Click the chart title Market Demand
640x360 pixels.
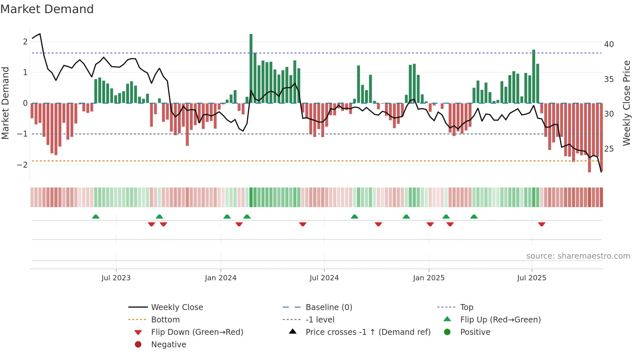[47, 9]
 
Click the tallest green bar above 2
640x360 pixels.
[251, 69]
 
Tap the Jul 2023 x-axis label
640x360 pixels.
[116, 278]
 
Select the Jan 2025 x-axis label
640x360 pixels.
[428, 278]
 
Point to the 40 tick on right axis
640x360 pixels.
[609, 44]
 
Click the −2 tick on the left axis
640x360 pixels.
[23, 165]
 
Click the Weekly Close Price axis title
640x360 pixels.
[626, 103]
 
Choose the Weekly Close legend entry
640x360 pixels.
[177, 307]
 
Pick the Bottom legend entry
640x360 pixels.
[165, 320]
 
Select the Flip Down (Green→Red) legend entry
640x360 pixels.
[197, 332]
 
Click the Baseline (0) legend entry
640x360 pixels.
[328, 307]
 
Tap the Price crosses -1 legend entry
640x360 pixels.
[368, 332]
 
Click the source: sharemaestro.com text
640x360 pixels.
[578, 256]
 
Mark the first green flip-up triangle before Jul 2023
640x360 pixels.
[96, 217]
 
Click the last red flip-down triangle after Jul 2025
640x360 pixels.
[542, 224]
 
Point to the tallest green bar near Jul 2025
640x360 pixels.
[534, 76]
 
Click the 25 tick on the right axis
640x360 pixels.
[609, 149]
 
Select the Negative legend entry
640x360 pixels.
[168, 345]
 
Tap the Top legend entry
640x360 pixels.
[466, 307]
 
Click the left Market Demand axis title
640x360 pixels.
[6, 103]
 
